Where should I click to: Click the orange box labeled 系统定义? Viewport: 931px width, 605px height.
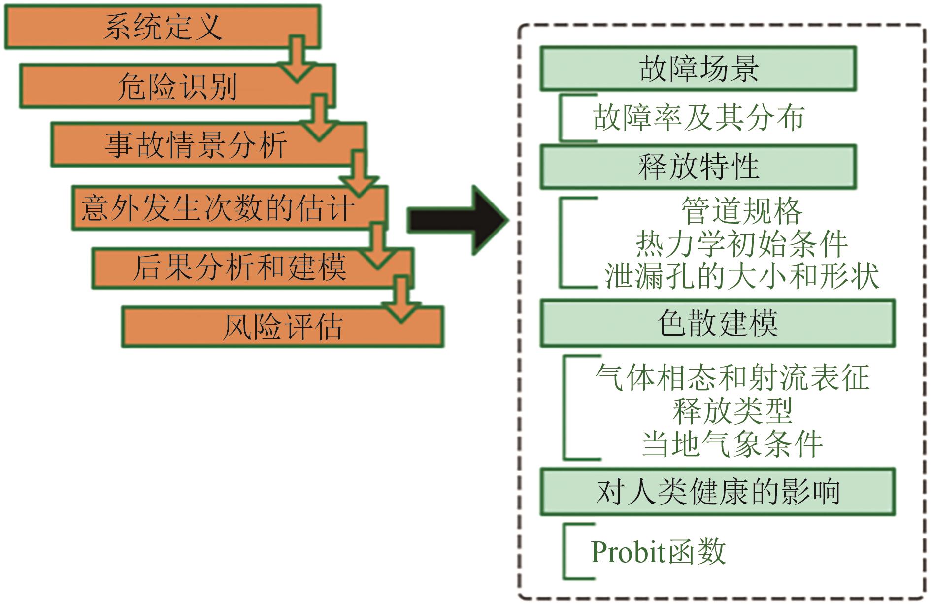point(163,27)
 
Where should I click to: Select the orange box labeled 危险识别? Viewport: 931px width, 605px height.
point(177,86)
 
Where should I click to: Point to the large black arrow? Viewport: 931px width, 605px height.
point(456,220)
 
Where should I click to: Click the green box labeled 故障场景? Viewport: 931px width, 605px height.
point(698,68)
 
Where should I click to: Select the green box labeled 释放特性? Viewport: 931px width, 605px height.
point(698,167)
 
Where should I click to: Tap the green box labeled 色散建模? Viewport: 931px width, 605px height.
point(717,323)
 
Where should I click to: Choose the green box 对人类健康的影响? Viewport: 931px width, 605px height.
point(717,492)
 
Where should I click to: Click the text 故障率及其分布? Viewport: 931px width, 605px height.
point(698,118)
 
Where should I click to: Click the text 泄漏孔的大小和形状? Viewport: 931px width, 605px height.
point(742,275)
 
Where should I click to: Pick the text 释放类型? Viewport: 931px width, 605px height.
point(732,410)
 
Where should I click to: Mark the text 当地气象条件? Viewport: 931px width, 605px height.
point(732,443)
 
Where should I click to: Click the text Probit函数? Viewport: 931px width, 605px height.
point(658,551)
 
